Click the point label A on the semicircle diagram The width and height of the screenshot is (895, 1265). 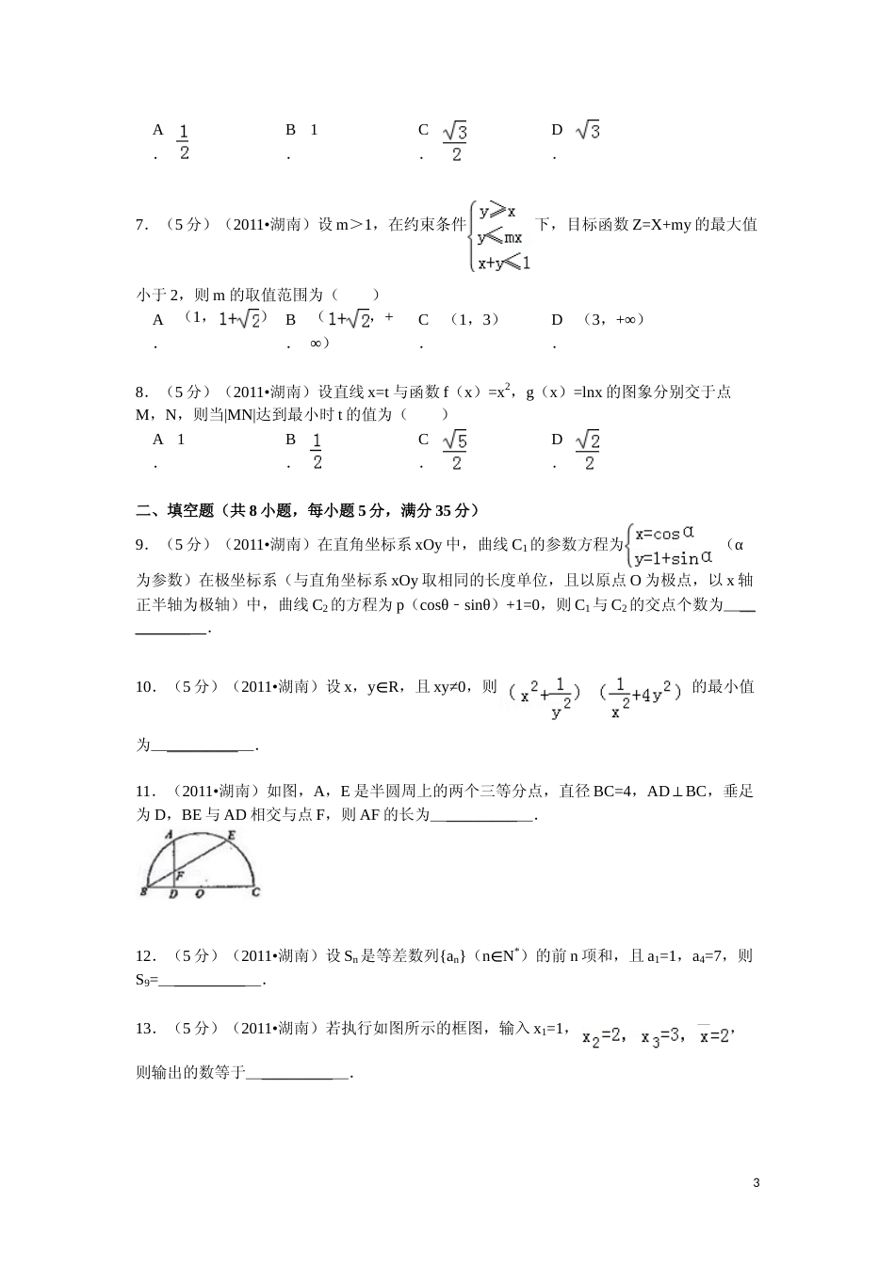(168, 835)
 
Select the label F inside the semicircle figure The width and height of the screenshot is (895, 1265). (179, 875)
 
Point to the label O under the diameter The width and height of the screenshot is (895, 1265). (199, 894)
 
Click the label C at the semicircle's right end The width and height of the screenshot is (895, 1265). (256, 892)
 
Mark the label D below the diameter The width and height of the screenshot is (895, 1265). (172, 894)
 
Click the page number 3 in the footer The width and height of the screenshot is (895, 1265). (757, 1182)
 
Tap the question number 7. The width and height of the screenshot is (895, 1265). (141, 225)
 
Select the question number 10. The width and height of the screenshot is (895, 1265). (145, 687)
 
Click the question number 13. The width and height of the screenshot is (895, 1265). (145, 1029)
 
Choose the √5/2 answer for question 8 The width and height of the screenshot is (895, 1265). (456, 450)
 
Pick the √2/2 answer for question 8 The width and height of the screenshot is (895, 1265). (589, 450)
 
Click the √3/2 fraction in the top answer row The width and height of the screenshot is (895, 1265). (456, 141)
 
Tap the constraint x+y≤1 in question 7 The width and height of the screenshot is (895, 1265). (504, 264)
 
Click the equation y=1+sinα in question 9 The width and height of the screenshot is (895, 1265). (673, 557)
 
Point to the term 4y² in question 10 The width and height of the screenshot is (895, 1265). (658, 695)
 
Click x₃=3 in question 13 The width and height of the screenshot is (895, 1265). (660, 1036)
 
